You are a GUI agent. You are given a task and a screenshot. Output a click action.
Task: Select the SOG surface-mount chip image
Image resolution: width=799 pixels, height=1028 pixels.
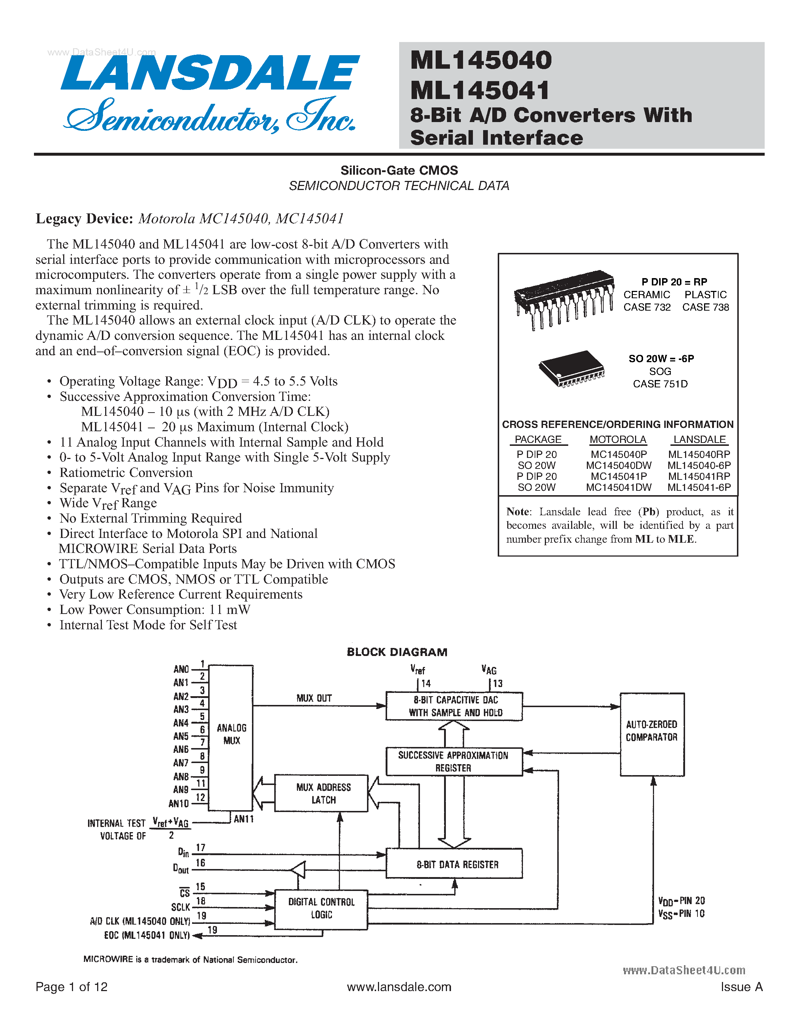[x=571, y=369]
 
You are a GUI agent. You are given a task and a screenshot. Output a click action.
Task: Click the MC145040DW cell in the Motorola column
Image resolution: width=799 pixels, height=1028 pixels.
[x=618, y=465]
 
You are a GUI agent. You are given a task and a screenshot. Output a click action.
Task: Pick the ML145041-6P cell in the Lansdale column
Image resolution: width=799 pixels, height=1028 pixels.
[x=699, y=487]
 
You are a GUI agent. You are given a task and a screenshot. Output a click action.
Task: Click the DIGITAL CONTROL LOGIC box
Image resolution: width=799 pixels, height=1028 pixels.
[x=321, y=908]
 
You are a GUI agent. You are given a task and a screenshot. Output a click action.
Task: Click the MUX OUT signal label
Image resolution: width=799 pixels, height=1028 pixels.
[x=314, y=698]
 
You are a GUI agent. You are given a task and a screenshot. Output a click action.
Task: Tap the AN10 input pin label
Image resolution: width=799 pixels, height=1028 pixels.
[x=179, y=804]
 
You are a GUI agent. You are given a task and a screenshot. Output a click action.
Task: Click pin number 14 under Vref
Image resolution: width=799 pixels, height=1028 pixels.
[x=425, y=683]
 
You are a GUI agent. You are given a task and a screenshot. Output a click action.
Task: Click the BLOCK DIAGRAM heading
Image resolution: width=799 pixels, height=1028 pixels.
[x=397, y=652]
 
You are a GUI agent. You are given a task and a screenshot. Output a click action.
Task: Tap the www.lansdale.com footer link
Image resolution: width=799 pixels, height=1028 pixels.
[x=399, y=987]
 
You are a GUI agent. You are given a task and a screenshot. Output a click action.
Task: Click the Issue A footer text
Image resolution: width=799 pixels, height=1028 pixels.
[x=741, y=987]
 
